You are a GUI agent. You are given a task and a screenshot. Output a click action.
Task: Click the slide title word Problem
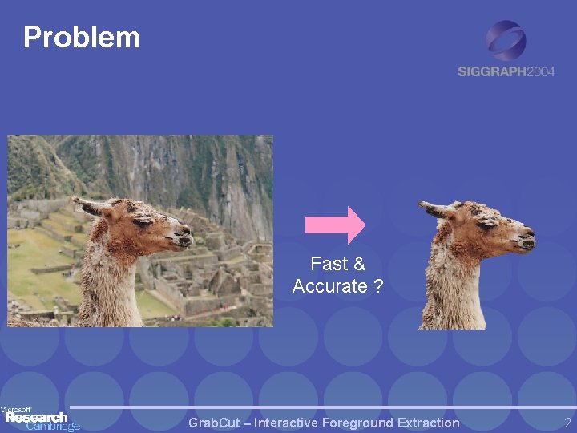click(82, 37)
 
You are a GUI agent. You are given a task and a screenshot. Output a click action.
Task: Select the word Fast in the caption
click(328, 264)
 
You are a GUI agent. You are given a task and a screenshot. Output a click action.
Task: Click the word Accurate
click(329, 286)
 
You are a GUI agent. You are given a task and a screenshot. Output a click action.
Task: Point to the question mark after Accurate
click(378, 286)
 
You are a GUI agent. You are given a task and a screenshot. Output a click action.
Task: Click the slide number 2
click(567, 423)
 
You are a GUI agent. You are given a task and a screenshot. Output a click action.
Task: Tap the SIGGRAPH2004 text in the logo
click(506, 71)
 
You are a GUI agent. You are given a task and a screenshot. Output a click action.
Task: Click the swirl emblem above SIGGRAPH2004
click(506, 40)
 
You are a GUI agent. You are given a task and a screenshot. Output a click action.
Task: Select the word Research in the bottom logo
click(36, 417)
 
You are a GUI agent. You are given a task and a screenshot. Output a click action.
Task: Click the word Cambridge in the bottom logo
click(53, 427)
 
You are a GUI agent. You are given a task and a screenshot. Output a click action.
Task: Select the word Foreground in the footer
click(361, 423)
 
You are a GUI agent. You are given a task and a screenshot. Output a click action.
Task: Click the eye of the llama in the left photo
click(147, 225)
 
